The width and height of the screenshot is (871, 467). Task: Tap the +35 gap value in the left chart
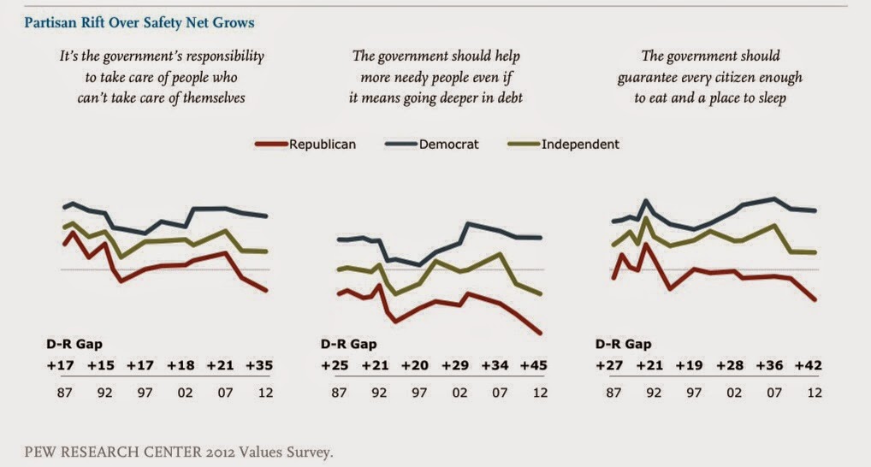258,365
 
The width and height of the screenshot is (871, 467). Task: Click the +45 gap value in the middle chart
531,365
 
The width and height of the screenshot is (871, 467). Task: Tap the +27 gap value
609,365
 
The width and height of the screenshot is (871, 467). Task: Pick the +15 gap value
98,365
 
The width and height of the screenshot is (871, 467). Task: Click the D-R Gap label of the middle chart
348,345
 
